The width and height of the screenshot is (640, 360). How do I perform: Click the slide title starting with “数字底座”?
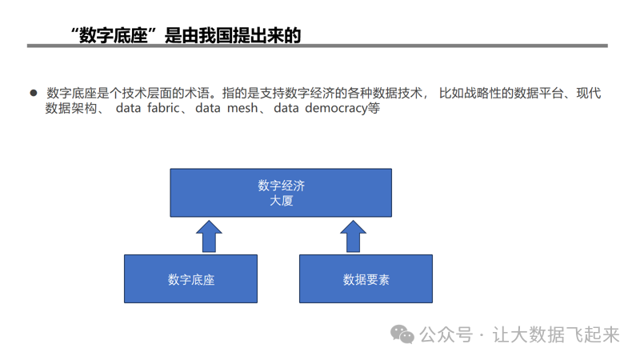coord(186,34)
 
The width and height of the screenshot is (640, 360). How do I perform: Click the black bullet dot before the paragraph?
coord(34,94)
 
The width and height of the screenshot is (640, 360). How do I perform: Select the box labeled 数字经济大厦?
coord(281,193)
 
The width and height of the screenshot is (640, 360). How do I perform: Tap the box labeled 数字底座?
coord(190,279)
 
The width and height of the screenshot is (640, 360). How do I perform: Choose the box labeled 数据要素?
coord(366,279)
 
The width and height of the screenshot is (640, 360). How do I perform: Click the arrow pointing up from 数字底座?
coord(209,237)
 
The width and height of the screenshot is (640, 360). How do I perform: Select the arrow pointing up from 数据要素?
coord(353,237)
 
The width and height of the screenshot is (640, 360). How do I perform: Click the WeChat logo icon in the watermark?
coord(402,334)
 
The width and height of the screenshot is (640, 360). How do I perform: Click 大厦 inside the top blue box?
coord(281,201)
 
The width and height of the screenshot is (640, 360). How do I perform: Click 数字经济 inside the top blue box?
coord(281,186)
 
